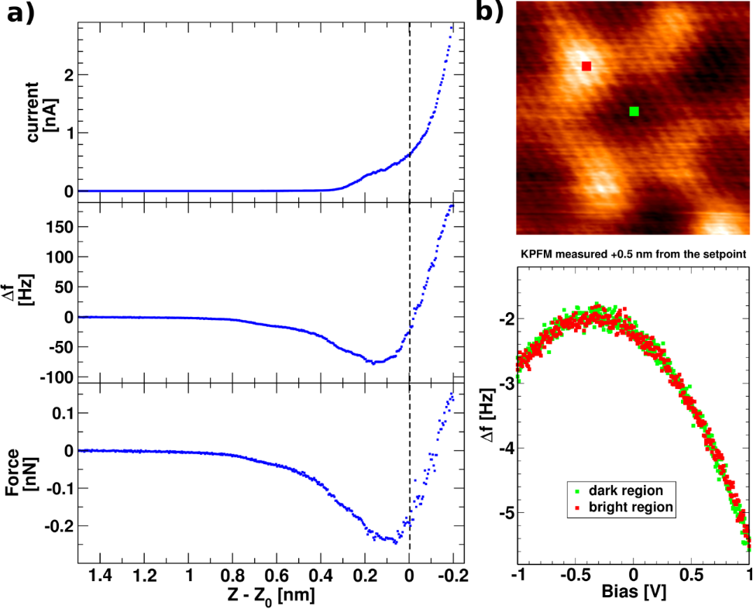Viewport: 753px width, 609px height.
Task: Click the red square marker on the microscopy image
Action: pyautogui.click(x=586, y=67)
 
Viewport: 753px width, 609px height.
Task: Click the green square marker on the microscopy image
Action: pyautogui.click(x=634, y=112)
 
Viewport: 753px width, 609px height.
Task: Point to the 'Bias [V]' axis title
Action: pyautogui.click(x=634, y=593)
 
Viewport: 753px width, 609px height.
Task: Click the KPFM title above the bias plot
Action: pyautogui.click(x=634, y=254)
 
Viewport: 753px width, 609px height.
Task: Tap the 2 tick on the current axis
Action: pyautogui.click(x=69, y=75)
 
